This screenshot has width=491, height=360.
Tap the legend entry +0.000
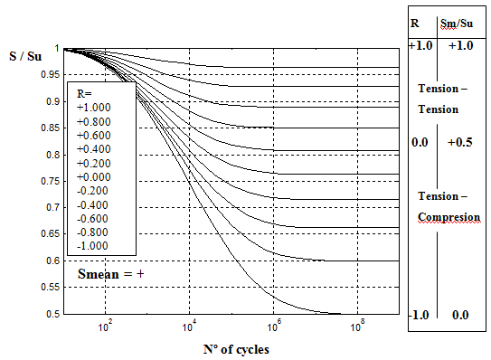(x=93, y=177)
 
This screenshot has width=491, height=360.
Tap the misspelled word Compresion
(x=449, y=217)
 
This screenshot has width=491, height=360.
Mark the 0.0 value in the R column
(x=420, y=143)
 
